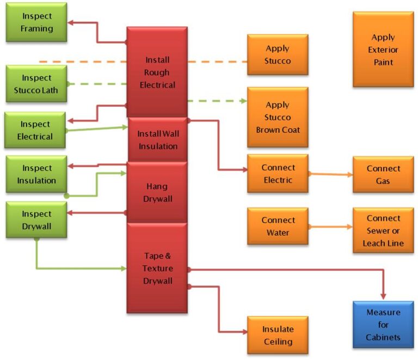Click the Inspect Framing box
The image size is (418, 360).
pos(36,22)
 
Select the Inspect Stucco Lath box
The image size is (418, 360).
pos(36,84)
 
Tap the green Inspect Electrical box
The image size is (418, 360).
pos(35,130)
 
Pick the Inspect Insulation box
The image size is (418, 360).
pos(36,174)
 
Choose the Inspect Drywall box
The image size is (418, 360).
pos(36,219)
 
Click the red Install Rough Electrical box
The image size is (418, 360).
pos(157,72)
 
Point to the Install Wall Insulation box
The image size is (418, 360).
pos(157,140)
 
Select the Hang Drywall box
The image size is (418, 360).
pos(157,192)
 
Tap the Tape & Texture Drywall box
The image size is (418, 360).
pos(157,268)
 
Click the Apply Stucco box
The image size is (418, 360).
pos(278,54)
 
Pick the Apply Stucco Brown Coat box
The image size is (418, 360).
pos(278,117)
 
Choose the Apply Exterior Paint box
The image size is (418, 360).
pos(383,50)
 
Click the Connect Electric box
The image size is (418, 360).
pos(278,174)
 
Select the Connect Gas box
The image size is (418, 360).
pos(383,174)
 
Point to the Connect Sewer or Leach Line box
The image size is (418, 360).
pos(383,230)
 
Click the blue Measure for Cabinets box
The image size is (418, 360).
pos(383,325)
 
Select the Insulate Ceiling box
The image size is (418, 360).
pos(278,335)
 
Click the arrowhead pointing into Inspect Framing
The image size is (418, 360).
pos(71,23)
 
